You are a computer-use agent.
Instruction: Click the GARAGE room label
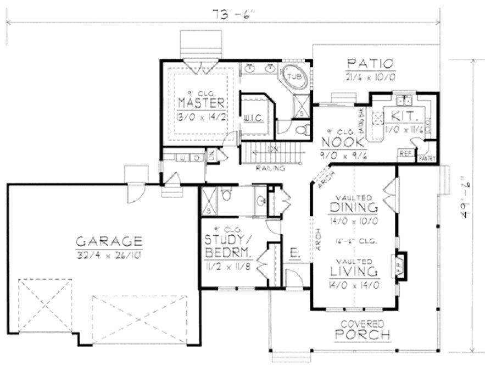[109, 241]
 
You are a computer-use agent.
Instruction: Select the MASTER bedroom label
[201, 103]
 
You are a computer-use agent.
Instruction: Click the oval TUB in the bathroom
[293, 77]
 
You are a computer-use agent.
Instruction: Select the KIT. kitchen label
[405, 117]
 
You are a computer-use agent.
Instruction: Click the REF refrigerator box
[405, 153]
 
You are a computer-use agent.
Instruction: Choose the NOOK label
[343, 142]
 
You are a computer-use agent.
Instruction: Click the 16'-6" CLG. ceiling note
[354, 241]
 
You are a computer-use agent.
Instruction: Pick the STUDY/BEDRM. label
[228, 247]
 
